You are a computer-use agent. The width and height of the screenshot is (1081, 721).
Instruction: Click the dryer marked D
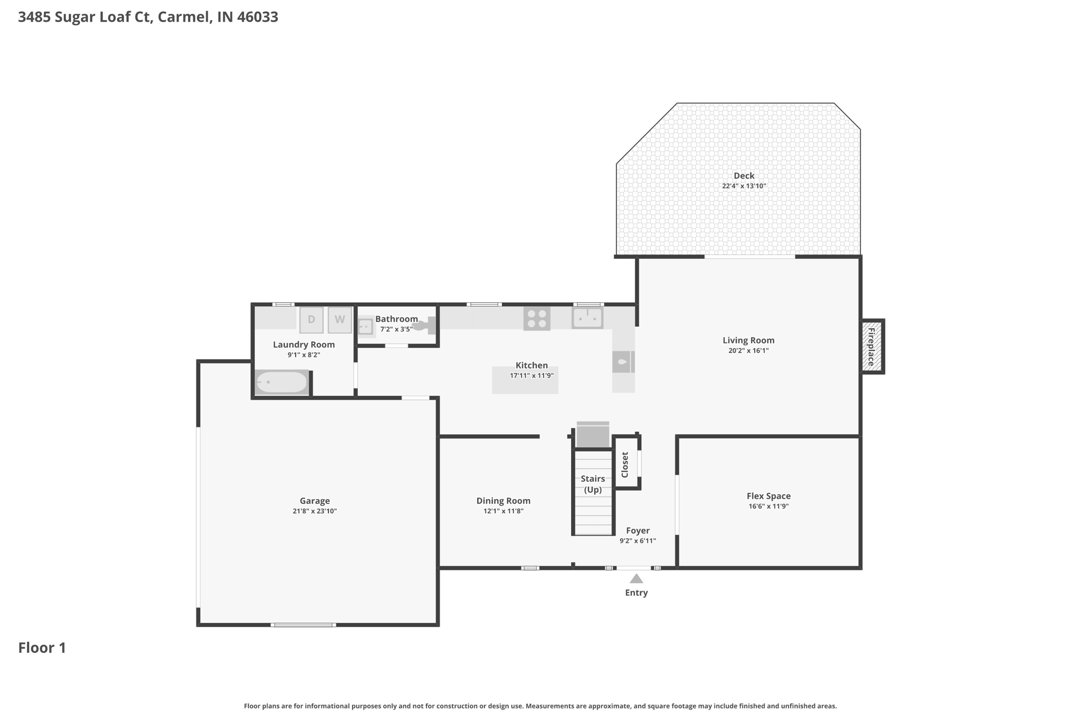311,320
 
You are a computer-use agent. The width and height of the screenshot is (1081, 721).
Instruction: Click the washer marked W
339,320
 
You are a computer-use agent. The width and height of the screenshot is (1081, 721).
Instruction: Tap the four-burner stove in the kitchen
537,319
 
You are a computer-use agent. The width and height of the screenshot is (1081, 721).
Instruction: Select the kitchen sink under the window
587,318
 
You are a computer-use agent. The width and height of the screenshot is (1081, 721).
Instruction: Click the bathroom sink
365,326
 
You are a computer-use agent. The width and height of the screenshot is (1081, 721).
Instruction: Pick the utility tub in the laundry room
282,382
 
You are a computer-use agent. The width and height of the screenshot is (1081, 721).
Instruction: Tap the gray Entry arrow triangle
636,579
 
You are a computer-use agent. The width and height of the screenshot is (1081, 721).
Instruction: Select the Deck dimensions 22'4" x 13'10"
744,186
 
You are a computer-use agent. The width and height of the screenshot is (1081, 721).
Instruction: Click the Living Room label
748,341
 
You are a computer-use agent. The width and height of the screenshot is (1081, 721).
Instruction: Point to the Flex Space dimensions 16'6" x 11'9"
768,506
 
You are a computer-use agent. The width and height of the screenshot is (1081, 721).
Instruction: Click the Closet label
625,464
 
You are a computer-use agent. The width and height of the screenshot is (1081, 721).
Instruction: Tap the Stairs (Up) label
593,484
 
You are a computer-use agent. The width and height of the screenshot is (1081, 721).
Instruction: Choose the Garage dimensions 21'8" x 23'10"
315,511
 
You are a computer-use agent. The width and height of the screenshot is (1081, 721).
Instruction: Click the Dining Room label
503,501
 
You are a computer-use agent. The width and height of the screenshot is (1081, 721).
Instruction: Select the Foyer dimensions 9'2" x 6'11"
638,540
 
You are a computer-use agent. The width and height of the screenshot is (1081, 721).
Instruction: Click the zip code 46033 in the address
258,17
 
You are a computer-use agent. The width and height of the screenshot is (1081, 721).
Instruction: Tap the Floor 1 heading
42,648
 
